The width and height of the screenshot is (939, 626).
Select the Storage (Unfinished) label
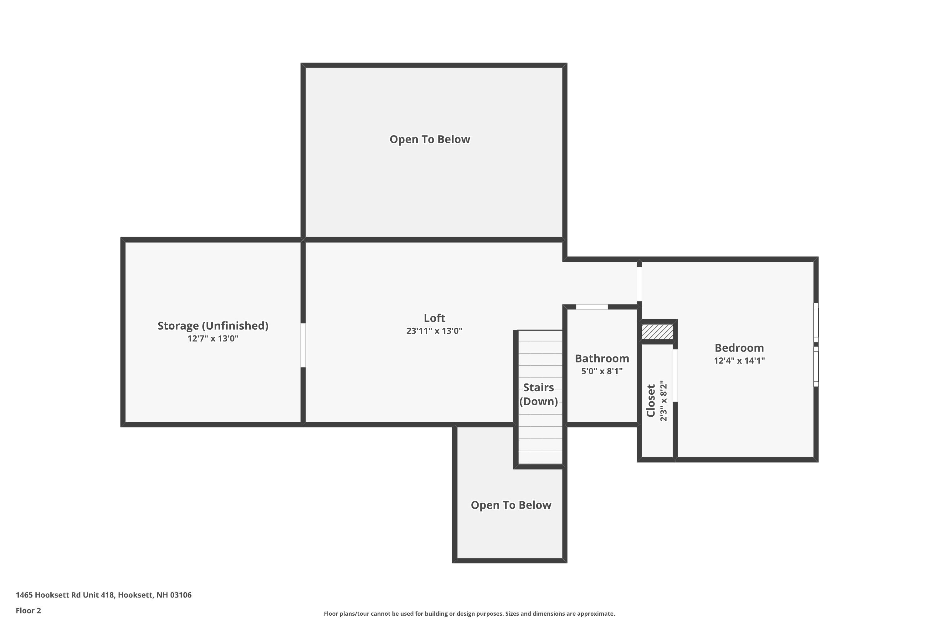(213, 326)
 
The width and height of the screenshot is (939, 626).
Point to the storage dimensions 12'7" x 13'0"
(213, 339)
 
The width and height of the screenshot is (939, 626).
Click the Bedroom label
(739, 348)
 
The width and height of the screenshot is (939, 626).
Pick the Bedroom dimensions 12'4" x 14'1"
(739, 361)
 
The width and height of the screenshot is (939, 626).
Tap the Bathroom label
(602, 358)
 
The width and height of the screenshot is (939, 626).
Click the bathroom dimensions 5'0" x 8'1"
(602, 371)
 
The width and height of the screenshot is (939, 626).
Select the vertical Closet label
(651, 401)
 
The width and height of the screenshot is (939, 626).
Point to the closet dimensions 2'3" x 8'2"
(664, 401)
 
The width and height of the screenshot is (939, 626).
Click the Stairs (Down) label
(539, 394)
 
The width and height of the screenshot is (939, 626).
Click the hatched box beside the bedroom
(657, 332)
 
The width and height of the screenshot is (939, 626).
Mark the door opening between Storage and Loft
(303, 345)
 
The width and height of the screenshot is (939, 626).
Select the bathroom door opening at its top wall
(592, 307)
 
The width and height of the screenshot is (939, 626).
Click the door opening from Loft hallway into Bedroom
(639, 284)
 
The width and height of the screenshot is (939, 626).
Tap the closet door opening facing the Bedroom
(675, 376)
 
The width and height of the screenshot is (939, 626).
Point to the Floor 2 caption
(28, 610)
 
